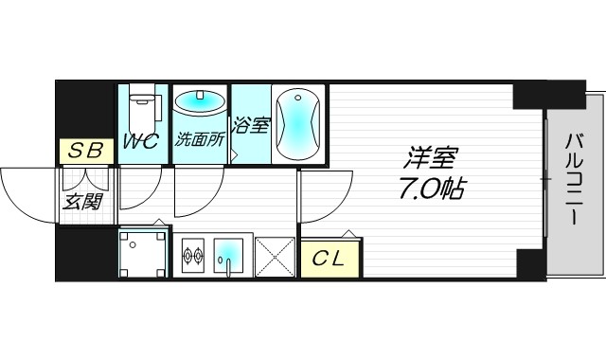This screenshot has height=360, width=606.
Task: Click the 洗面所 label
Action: (200, 139)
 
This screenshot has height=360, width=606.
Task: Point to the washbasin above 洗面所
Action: (199, 102)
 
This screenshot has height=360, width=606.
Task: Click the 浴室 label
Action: (250, 125)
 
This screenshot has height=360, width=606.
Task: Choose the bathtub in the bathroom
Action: (297, 123)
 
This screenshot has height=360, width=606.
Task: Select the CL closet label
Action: (330, 256)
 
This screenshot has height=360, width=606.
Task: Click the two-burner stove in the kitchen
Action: (194, 254)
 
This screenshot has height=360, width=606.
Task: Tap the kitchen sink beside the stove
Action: (227, 254)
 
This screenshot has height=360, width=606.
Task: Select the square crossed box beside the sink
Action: (276, 255)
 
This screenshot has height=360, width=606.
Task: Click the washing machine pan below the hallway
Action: (143, 254)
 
